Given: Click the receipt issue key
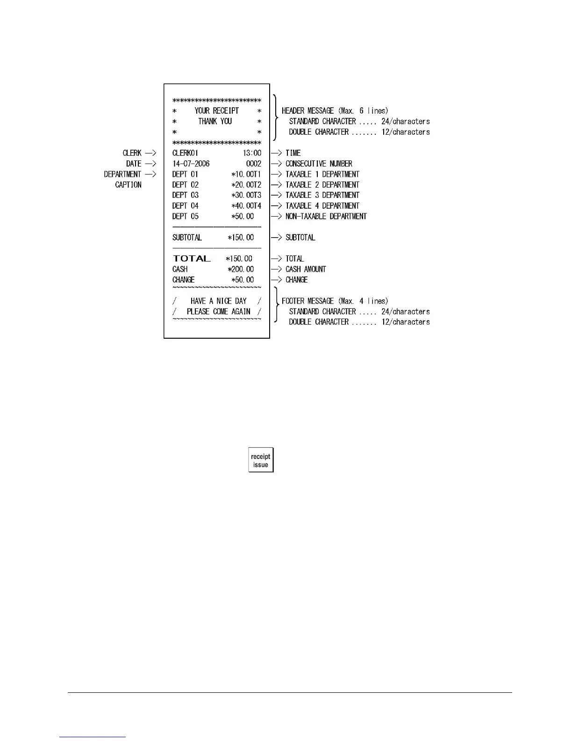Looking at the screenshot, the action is tap(261, 460).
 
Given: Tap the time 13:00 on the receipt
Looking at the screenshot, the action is tap(252, 153).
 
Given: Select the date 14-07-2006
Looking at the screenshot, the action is tap(191, 164).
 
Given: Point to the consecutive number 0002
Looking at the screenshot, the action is tap(254, 164).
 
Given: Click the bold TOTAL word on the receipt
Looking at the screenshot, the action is tap(192, 259).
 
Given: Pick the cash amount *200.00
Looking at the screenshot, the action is tap(241, 269).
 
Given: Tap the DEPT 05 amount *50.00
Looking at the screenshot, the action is tap(243, 216).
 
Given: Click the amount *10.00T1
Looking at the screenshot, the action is tap(246, 174).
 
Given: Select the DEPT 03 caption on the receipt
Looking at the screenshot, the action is tap(185, 195).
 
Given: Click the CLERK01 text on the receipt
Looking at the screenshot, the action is tap(185, 153).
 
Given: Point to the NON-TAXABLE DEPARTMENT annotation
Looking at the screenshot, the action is tap(326, 216).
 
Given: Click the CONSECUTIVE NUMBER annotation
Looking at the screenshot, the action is tap(319, 164).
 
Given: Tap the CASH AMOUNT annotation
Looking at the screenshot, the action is tap(306, 269).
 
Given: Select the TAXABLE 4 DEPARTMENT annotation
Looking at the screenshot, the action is tap(322, 206).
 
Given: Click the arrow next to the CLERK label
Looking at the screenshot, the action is tap(150, 153).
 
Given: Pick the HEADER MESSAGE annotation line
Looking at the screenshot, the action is tap(335, 111).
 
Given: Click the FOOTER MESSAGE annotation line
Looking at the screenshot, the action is tap(335, 301).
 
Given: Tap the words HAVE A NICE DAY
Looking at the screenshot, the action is tap(218, 301).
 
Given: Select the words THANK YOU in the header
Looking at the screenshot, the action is tap(215, 121).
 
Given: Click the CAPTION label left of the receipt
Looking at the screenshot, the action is tap(128, 185).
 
